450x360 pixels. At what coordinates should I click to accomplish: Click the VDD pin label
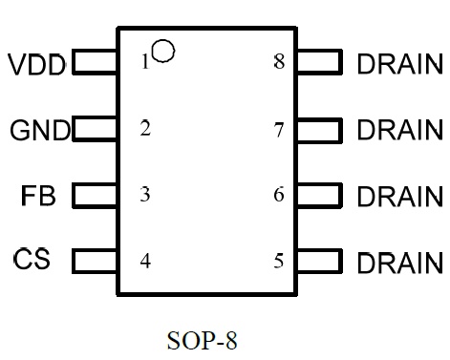36,64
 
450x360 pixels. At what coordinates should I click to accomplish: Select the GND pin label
40,130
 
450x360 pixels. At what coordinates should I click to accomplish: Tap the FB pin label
38,196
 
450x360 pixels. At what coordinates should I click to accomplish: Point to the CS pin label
32,259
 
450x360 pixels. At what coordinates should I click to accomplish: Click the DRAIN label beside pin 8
400,64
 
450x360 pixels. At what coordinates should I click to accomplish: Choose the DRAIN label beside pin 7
400,130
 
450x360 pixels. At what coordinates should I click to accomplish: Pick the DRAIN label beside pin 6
400,196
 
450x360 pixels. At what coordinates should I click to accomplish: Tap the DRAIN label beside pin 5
400,263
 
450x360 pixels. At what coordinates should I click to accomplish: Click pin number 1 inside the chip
145,61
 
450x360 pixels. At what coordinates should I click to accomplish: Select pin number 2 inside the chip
145,128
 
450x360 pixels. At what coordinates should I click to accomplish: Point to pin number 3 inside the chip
145,194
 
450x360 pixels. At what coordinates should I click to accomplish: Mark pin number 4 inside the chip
145,261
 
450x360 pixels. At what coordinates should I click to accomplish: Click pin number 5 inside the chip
279,261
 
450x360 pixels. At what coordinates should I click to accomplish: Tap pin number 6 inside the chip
279,194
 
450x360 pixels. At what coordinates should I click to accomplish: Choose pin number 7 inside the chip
279,130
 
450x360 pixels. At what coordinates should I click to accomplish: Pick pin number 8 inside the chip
279,61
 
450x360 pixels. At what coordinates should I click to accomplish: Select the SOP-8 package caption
203,340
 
